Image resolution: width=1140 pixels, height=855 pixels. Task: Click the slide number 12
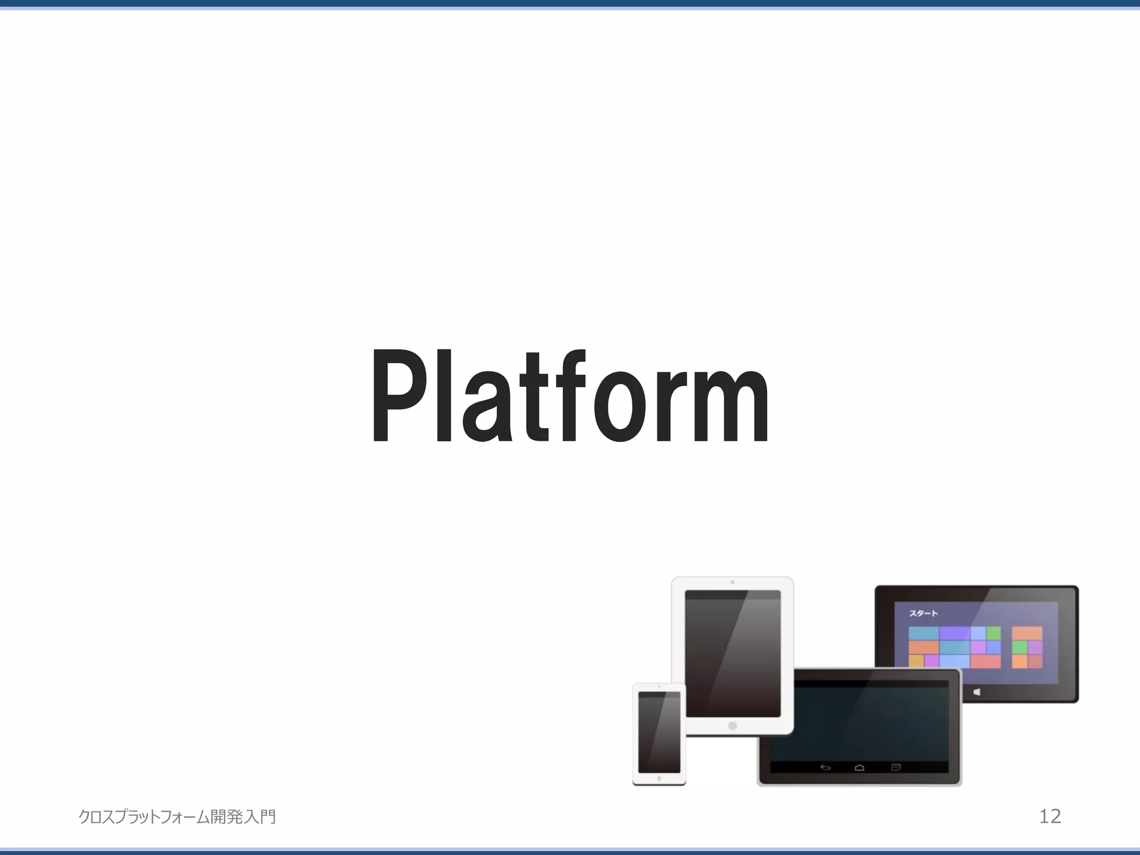1050,817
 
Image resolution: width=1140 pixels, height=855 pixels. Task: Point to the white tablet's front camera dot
733,582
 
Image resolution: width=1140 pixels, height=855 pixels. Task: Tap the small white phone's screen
659,732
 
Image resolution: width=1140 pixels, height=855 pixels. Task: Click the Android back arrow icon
825,768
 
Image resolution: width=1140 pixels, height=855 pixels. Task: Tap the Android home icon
859,768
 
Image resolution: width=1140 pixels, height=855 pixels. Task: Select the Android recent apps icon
896,768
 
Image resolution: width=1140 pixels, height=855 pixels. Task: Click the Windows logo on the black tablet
977,692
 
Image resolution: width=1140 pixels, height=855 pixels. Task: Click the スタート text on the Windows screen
924,613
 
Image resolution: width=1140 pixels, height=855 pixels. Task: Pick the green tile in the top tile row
994,633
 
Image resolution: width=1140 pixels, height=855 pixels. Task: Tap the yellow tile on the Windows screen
916,661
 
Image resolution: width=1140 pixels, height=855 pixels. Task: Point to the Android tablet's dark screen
859,724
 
